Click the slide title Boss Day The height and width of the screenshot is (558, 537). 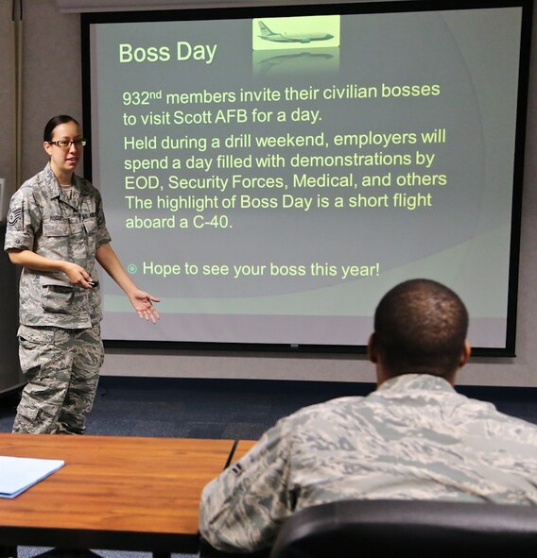tap(167, 52)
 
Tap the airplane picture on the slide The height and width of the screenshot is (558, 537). tap(295, 33)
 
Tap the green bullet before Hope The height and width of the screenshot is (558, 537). tap(131, 269)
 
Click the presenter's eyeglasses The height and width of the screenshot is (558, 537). tap(67, 144)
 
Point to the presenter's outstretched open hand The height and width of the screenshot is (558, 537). tap(145, 304)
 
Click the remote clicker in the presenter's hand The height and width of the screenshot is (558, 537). tap(91, 281)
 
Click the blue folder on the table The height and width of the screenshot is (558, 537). tap(26, 474)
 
